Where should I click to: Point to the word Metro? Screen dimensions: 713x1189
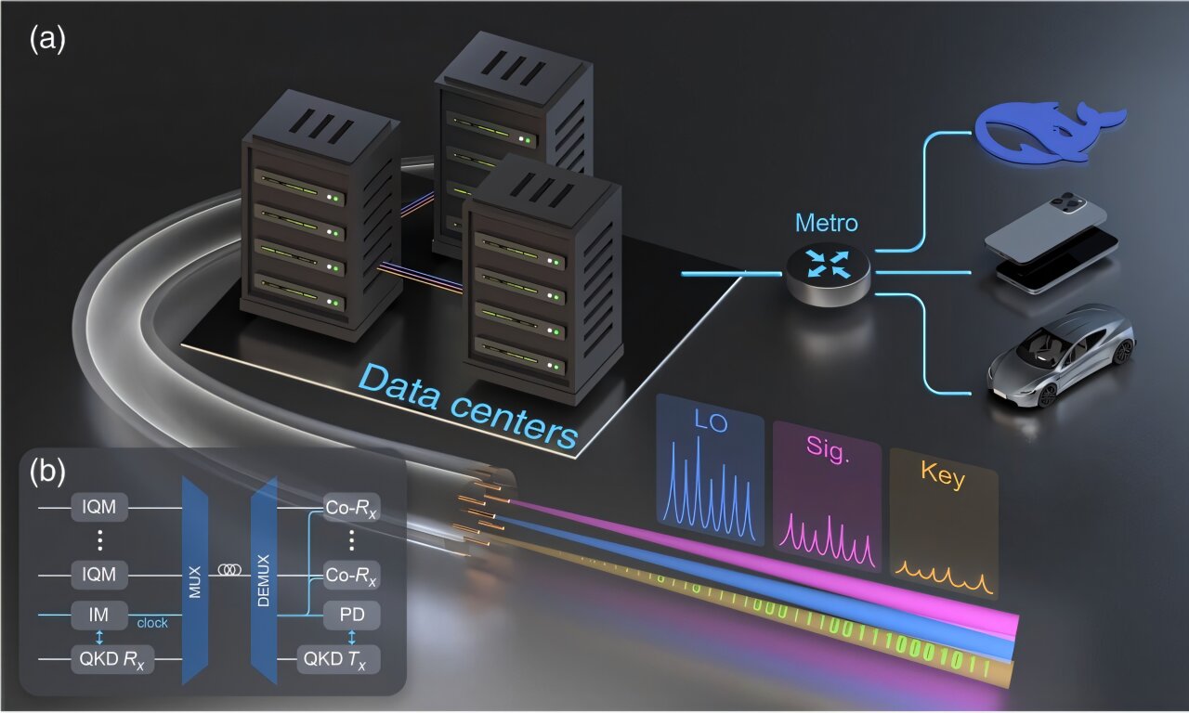[827, 224]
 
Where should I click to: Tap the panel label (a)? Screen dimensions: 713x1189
[47, 40]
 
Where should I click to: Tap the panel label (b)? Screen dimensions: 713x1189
[47, 472]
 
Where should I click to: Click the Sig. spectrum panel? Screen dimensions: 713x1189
[827, 497]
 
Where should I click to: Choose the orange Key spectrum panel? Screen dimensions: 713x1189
[942, 525]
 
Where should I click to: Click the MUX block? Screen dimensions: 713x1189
[197, 580]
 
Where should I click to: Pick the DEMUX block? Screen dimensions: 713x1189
[265, 580]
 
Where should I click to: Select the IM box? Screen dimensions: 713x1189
[98, 615]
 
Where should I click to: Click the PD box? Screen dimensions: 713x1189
[350, 615]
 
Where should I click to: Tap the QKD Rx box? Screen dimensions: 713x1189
[111, 662]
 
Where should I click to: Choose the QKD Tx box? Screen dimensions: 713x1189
[338, 662]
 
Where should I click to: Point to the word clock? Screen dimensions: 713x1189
[152, 623]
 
